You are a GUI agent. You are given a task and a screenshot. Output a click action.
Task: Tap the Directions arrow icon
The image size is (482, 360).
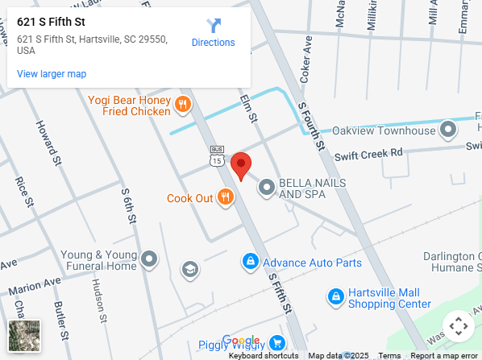coord(213,25)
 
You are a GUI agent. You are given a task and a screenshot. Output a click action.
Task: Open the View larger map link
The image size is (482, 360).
coord(52,74)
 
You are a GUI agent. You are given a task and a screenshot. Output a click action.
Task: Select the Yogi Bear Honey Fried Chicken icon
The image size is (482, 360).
coord(183,104)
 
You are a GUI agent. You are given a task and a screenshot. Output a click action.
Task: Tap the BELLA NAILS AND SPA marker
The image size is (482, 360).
coord(266,188)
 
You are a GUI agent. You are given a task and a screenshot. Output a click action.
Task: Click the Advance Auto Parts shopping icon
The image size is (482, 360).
coord(251,262)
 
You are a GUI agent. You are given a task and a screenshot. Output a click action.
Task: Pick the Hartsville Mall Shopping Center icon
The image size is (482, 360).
coord(335,297)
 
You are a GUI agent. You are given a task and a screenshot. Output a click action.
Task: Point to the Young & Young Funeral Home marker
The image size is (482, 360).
coord(149,259)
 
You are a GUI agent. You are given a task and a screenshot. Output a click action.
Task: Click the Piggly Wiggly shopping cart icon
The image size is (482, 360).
coord(277,343)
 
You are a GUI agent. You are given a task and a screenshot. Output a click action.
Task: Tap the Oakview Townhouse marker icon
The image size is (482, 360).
coord(447,130)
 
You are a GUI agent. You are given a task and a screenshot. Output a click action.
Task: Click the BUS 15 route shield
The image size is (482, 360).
coord(217,156)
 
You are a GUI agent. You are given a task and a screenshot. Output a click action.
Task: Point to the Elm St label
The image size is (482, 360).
coord(247,109)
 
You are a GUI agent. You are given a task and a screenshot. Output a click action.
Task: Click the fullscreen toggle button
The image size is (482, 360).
coord(459,326)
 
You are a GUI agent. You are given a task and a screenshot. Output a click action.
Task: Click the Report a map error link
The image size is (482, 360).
coord(444,355)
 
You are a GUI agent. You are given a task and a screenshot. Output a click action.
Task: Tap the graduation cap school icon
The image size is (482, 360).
coord(190,268)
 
